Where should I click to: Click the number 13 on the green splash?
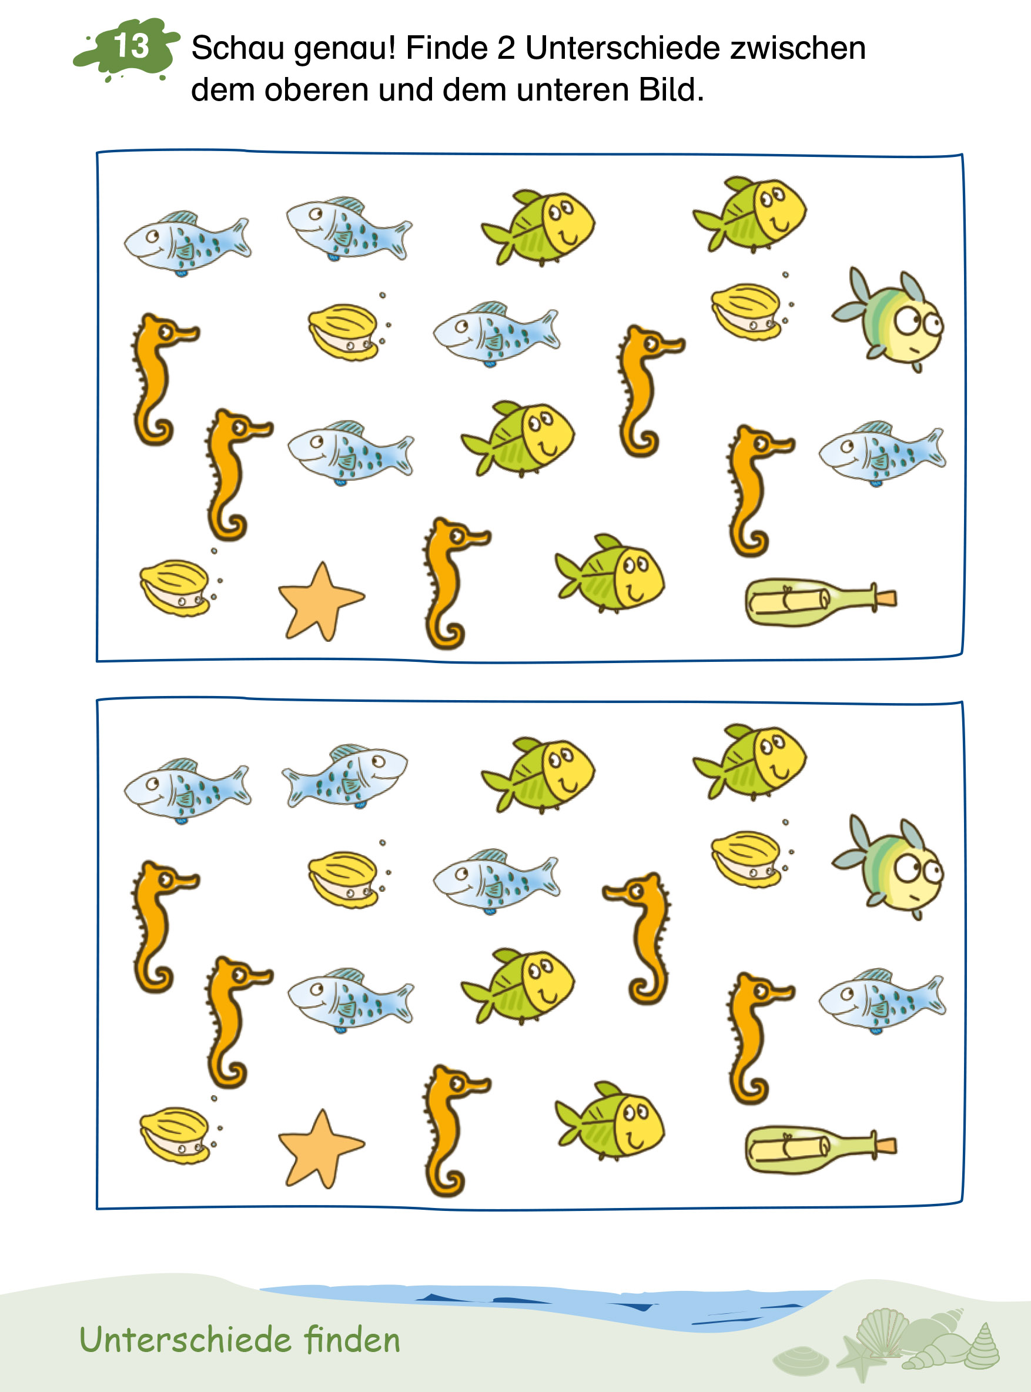[x=131, y=46]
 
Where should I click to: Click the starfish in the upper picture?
[x=320, y=601]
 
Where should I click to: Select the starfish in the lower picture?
[x=320, y=1149]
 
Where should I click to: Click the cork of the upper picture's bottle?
[x=886, y=598]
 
